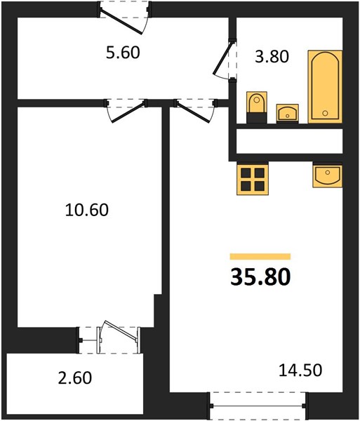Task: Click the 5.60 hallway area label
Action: click(123, 53)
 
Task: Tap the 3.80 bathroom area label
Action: click(272, 57)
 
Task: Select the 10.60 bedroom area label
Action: click(87, 210)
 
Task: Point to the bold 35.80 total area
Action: click(260, 277)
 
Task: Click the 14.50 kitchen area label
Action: click(300, 370)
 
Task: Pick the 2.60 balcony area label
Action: click(75, 377)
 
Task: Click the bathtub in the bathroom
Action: click(325, 86)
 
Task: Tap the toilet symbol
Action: click(257, 107)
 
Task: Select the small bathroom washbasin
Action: click(288, 114)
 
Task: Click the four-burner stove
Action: click(253, 178)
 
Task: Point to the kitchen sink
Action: click(327, 175)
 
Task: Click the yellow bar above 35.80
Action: click(260, 257)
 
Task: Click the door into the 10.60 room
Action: click(127, 111)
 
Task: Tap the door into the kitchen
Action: click(195, 111)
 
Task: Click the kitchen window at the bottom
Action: click(258, 406)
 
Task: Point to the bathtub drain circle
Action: click(325, 113)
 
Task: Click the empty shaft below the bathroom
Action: click(289, 141)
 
